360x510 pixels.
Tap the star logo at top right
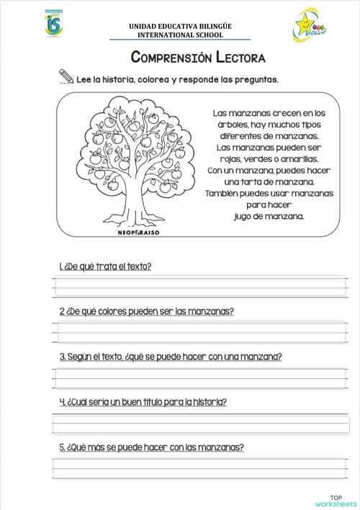(x=310, y=26)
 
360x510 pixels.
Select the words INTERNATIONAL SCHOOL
(x=180, y=35)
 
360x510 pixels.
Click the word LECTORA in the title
(x=237, y=57)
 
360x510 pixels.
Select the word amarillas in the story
(x=298, y=158)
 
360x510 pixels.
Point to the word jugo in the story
(x=246, y=215)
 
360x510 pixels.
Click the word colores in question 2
(x=115, y=312)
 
